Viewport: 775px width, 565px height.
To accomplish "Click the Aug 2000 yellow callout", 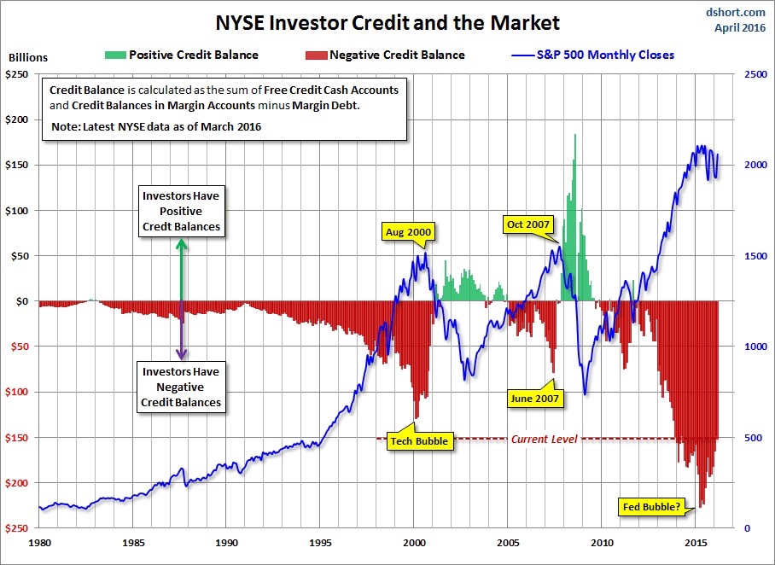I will coord(408,231).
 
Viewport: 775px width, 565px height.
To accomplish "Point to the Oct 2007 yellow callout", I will coord(528,225).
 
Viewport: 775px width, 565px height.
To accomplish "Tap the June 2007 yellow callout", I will coord(534,399).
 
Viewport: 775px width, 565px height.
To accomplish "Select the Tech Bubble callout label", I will coord(418,441).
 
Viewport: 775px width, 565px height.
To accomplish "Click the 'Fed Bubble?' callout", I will coord(650,508).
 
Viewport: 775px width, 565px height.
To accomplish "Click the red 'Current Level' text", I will coord(544,439).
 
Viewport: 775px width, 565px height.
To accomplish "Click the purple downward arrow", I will coord(181,333).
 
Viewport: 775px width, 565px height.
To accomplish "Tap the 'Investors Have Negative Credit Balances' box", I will coord(181,387).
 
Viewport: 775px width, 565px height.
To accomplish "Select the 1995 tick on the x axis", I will coord(321,542).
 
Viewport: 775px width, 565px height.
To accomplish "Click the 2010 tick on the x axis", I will coord(603,542).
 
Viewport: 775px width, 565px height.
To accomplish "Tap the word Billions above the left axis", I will coord(28,58).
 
